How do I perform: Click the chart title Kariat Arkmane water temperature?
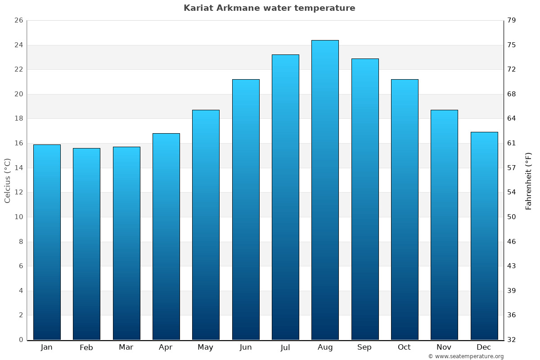(x=269, y=8)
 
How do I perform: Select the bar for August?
(x=325, y=190)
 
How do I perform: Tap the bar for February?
(x=86, y=244)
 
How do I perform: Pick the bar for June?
(x=246, y=210)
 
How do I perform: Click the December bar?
(x=484, y=236)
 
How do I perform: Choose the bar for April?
(x=166, y=237)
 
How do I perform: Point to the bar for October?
(x=405, y=210)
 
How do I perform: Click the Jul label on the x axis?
(x=285, y=347)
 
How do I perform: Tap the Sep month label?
(x=364, y=347)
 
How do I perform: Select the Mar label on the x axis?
(x=126, y=347)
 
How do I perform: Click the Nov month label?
(x=444, y=347)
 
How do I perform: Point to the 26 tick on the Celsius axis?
(x=18, y=21)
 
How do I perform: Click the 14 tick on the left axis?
(x=18, y=168)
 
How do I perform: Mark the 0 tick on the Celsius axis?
(x=21, y=340)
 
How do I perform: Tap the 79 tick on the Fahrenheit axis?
(x=512, y=21)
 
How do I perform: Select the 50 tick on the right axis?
(x=512, y=217)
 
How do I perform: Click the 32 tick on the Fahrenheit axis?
(x=512, y=340)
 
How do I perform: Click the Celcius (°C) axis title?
(x=7, y=180)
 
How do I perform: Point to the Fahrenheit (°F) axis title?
(x=529, y=180)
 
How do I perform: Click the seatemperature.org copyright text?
(x=466, y=356)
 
